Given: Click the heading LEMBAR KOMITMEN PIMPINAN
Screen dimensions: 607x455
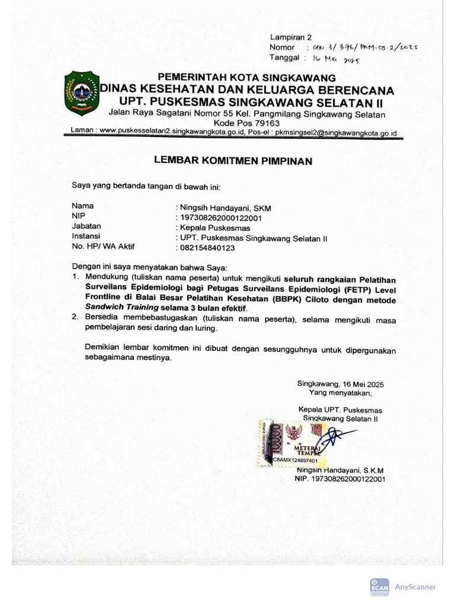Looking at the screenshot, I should pos(233,160).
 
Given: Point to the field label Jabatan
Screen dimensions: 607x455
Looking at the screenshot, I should pos(86,226).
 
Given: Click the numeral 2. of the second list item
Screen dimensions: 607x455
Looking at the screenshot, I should pos(76,318).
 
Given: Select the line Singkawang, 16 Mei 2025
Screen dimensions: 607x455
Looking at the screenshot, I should pos(340,384).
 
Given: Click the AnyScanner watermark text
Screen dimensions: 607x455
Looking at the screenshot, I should pos(415,587).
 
